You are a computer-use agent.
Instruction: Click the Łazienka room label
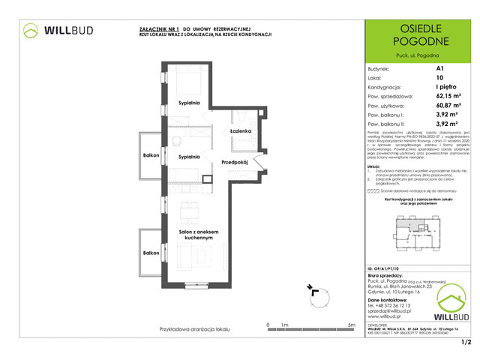coord(241,130)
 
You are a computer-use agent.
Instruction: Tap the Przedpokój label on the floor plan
coord(235,163)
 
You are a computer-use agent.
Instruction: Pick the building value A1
coord(439,68)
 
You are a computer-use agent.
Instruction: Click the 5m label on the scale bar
coord(351,325)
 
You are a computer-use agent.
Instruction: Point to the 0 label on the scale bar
coord(268,325)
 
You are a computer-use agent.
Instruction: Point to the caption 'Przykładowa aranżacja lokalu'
coord(191,329)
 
